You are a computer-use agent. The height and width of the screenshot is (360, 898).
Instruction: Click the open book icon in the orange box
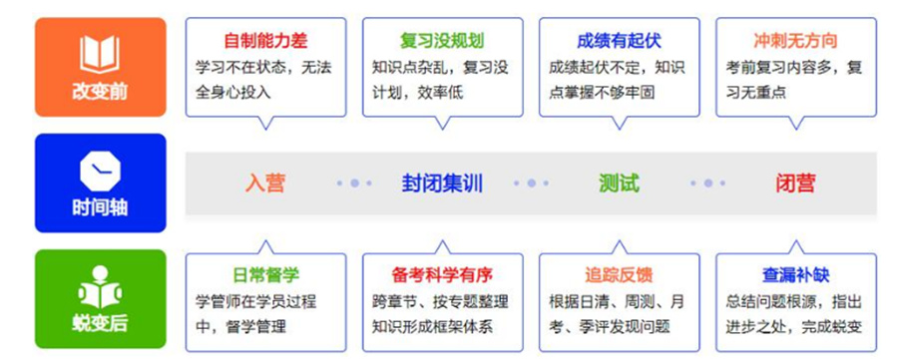point(100,53)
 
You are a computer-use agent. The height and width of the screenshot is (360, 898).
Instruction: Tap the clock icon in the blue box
point(100,171)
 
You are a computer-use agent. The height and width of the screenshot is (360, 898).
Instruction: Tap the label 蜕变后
point(100,323)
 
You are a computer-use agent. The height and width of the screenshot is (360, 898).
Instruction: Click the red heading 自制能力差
point(265,41)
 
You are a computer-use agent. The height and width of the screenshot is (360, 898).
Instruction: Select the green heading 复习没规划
point(441,41)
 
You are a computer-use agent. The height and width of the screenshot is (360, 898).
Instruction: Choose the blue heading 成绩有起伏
point(619,41)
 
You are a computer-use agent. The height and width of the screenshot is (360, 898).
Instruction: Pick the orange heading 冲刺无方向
point(795,41)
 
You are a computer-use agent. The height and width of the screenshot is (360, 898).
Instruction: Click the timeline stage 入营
point(265,183)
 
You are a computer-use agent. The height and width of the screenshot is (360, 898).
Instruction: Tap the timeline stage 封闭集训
point(442,183)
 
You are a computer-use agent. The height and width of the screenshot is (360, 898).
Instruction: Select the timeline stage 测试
point(619,183)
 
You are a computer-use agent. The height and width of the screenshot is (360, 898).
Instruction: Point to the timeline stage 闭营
point(795,183)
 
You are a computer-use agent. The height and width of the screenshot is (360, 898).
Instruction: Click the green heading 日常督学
point(265,274)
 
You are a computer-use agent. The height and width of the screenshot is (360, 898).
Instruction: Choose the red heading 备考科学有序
point(442,274)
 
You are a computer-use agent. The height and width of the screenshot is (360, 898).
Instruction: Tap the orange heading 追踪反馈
point(619,274)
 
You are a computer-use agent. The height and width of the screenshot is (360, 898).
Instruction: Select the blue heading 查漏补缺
point(795,274)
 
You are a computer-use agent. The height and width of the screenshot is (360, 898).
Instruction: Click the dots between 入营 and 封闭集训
point(354,183)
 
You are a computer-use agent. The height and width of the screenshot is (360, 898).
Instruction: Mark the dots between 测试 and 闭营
point(707,183)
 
